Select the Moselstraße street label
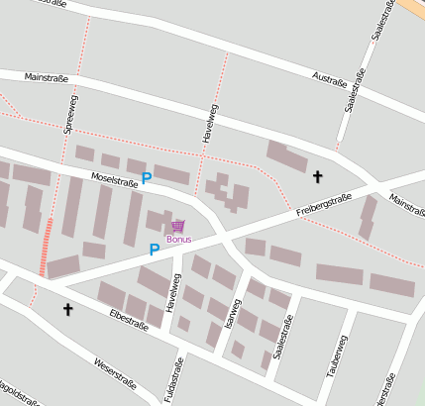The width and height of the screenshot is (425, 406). (114, 181)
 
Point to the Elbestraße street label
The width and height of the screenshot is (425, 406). (129, 316)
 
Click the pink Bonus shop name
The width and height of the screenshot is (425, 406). (179, 240)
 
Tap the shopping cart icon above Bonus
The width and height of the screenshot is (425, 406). (178, 227)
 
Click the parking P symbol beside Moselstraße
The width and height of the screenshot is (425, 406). (147, 178)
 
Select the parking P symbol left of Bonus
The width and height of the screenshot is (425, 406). (154, 250)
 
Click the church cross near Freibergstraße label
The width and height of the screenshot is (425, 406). (317, 177)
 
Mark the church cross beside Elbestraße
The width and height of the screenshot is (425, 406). (68, 310)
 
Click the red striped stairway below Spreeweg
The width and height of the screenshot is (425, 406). (46, 247)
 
